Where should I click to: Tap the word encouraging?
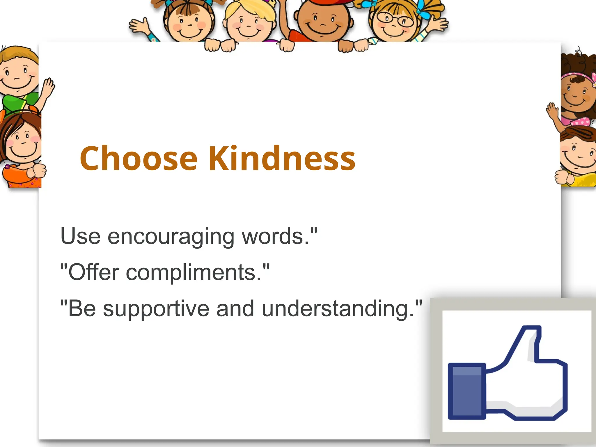171,236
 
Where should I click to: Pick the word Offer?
94,272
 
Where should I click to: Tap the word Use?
80,236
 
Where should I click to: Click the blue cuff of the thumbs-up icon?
466,391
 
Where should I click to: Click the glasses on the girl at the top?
395,19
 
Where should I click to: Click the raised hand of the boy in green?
48,88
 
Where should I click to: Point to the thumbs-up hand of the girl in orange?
38,170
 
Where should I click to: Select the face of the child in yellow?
578,155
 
